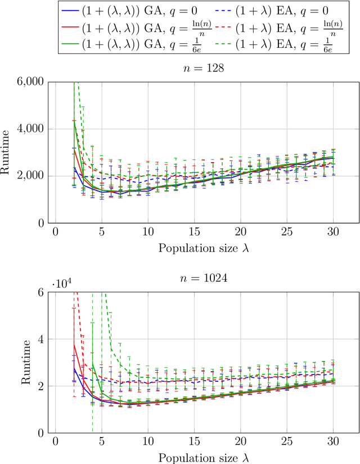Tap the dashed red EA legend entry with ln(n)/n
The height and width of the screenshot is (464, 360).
(x=272, y=26)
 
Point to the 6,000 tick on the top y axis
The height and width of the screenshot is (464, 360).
(x=31, y=82)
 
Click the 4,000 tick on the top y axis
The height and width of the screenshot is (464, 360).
(x=31, y=129)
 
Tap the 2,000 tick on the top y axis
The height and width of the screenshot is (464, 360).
(x=31, y=176)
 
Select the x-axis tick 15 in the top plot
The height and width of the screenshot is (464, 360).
(x=193, y=232)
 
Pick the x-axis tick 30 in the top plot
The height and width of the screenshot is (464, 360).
(x=332, y=232)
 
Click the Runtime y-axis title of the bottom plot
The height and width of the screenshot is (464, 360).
(x=25, y=363)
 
